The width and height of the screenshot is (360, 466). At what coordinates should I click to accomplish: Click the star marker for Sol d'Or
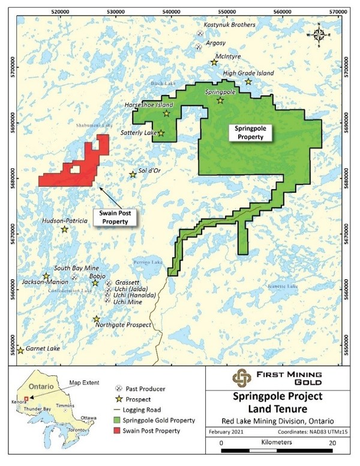point(133,175)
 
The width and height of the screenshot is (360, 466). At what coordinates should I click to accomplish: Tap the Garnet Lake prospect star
point(20,350)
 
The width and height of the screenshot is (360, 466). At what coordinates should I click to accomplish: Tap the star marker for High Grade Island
point(248,82)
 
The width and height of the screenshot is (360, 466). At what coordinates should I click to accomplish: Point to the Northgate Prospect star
point(96,319)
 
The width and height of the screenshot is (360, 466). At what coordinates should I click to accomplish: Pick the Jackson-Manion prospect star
point(46,276)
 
